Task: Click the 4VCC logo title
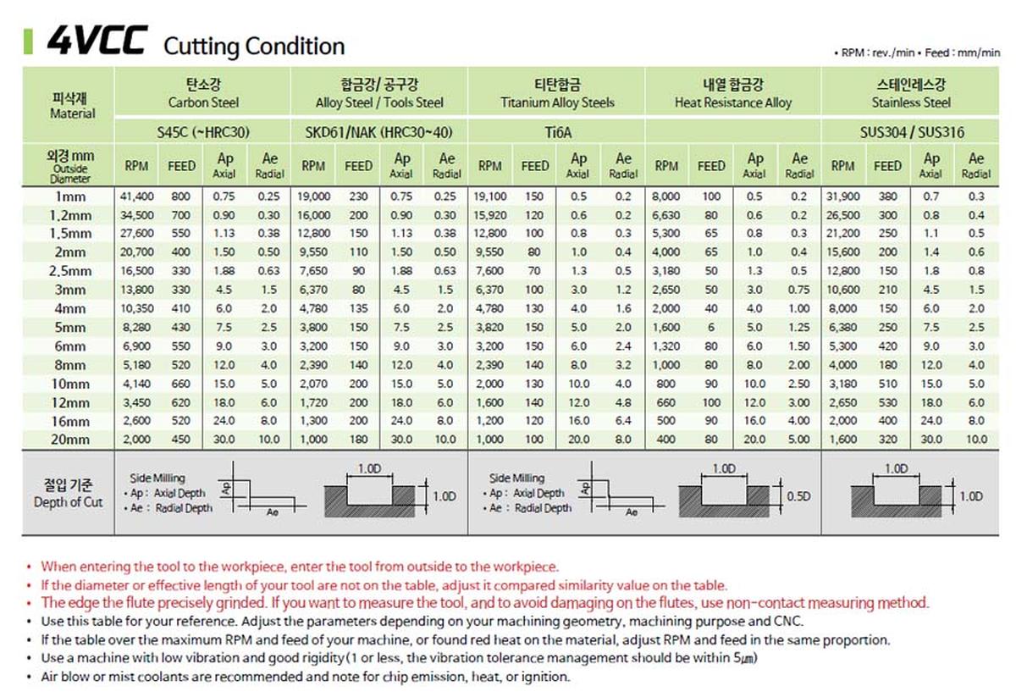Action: (97, 41)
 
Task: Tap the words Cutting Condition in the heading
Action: (253, 46)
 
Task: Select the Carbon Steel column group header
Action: (203, 102)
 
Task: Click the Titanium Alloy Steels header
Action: (557, 102)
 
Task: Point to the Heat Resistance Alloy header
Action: (733, 102)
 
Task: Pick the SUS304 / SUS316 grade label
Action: (910, 132)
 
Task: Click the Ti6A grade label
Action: (556, 132)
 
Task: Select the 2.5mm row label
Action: (69, 271)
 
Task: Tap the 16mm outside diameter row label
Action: (69, 422)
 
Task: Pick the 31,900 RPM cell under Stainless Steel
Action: (842, 196)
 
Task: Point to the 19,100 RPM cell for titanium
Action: (489, 196)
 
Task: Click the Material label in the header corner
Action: (73, 113)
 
